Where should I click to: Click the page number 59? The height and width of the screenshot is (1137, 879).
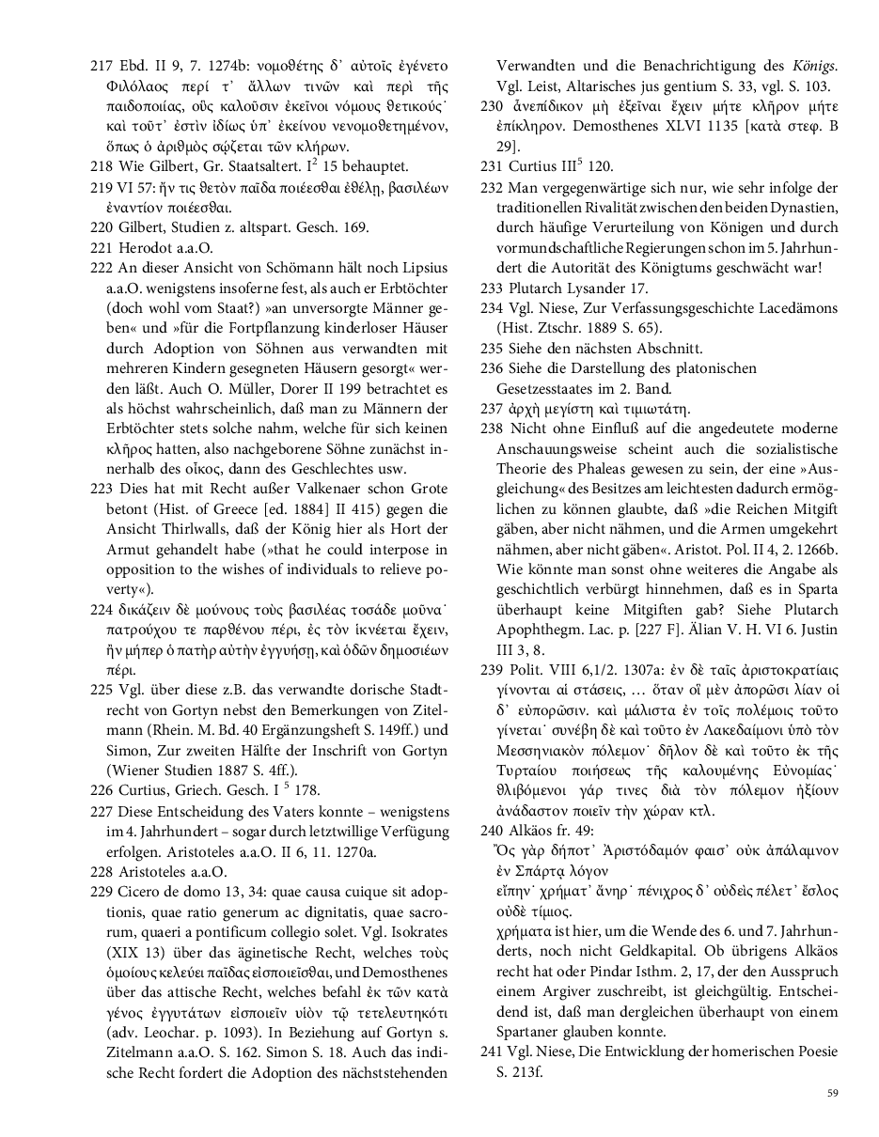tap(832, 1092)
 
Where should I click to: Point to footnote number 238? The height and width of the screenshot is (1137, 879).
tap(492, 428)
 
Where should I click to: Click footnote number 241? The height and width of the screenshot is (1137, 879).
tap(492, 1052)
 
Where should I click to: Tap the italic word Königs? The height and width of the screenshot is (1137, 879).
tap(813, 67)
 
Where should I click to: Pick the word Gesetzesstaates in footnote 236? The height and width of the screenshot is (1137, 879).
tap(544, 388)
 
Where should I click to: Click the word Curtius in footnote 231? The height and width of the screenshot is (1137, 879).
tap(531, 167)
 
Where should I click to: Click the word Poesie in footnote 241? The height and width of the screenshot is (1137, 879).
tap(817, 1052)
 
